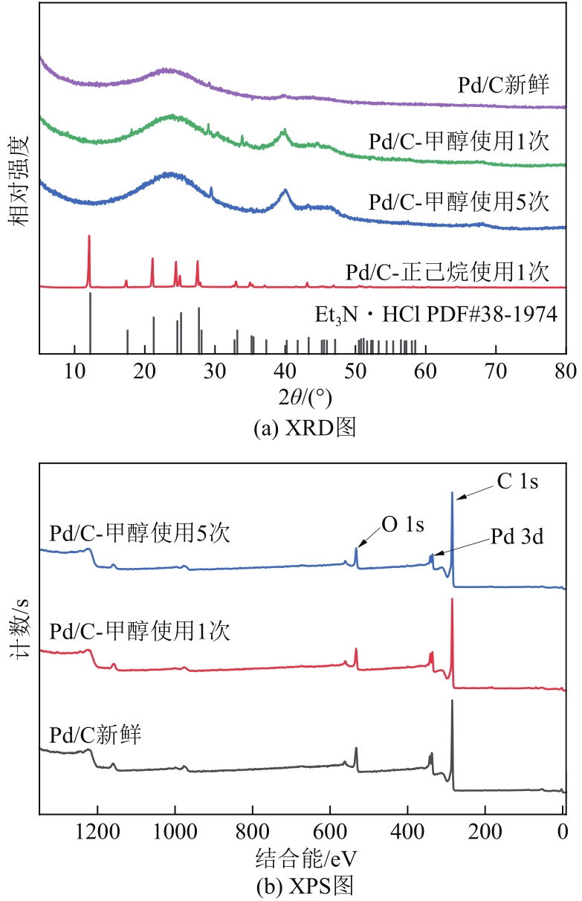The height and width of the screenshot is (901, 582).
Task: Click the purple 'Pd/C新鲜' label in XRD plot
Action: point(503,85)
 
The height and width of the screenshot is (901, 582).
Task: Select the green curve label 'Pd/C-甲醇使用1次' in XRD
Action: point(459,141)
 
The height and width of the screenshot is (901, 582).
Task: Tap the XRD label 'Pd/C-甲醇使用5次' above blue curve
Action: point(459,201)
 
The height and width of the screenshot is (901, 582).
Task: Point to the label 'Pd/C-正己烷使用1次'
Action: point(447,271)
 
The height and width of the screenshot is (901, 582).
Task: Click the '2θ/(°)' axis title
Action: point(305,398)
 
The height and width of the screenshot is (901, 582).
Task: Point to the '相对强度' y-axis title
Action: point(20,180)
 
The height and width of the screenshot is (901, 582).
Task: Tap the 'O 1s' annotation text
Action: point(403,525)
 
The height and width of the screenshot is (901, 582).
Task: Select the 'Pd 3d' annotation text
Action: point(517,537)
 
